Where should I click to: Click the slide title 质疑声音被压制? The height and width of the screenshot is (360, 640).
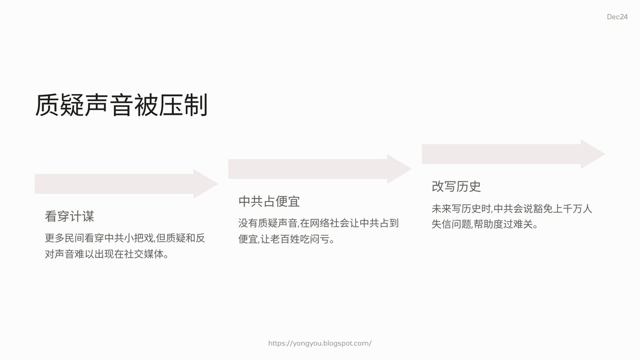121,105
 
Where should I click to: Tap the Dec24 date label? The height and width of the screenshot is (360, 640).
617,17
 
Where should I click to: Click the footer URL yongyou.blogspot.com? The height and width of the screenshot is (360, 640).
320,343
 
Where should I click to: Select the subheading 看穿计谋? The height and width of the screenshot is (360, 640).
69,216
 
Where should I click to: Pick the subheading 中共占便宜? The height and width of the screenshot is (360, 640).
269,201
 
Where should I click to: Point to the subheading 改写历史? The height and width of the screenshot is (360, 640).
456,186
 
